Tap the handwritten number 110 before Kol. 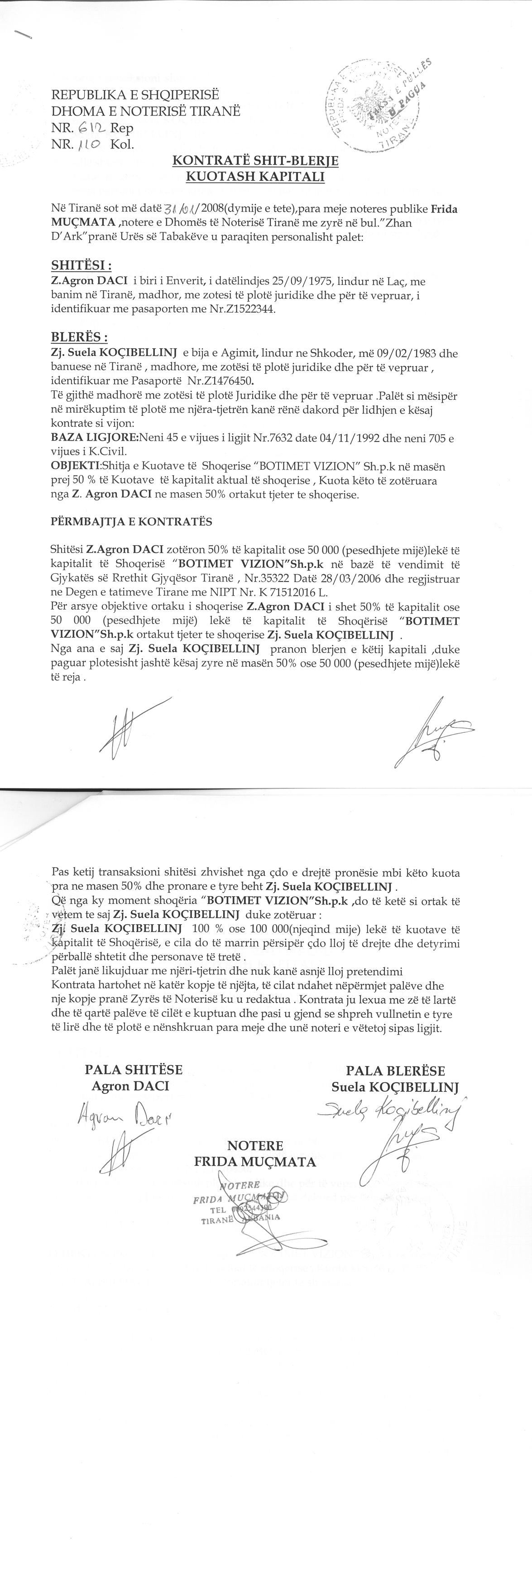90,145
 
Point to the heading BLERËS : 80,337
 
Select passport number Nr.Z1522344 243,310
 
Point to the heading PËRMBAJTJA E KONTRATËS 131,521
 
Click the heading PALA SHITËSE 133,1070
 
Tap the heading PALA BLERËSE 395,1071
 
